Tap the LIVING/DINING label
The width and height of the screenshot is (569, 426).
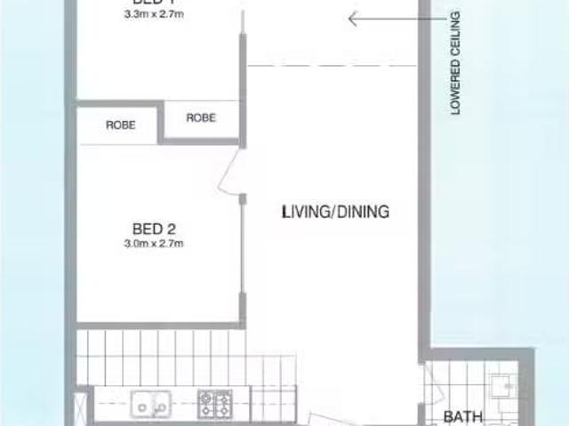pyautogui.click(x=335, y=212)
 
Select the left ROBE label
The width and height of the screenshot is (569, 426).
pyautogui.click(x=121, y=125)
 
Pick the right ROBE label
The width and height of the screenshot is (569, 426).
pyautogui.click(x=201, y=117)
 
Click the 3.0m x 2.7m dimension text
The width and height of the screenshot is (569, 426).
pyautogui.click(x=155, y=243)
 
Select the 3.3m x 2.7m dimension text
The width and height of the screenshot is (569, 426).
pyautogui.click(x=154, y=15)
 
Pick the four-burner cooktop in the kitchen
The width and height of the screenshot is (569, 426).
pyautogui.click(x=215, y=404)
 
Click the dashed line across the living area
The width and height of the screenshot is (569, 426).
pyautogui.click(x=333, y=65)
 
